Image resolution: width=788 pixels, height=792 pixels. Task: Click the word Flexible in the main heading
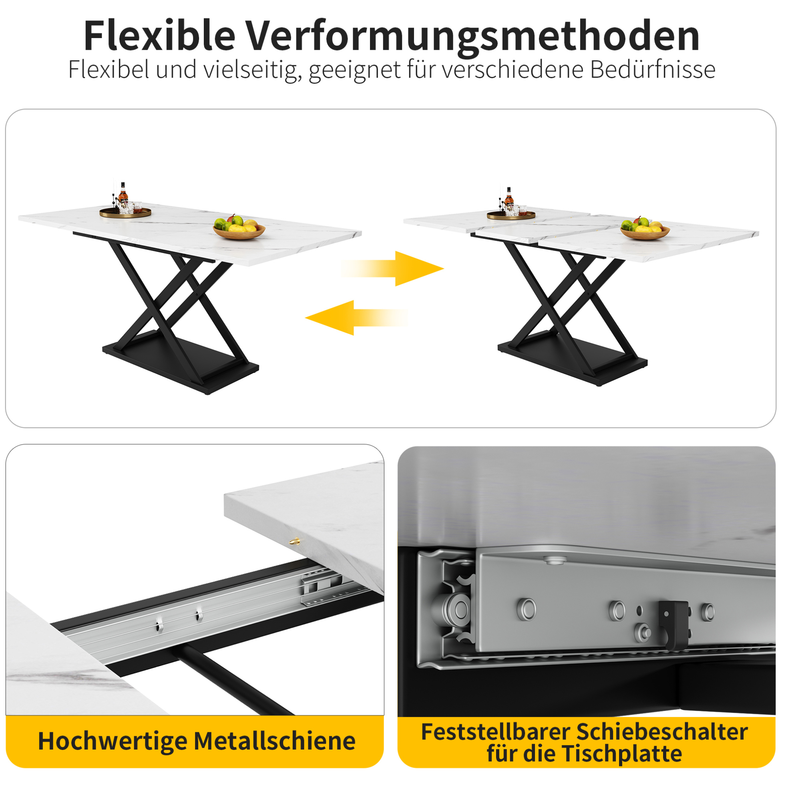[x=160, y=36]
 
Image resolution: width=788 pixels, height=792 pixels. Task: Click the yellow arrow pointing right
[x=392, y=268]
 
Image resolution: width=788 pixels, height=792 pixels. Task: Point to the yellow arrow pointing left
[x=356, y=318]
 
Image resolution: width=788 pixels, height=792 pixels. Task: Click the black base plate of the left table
[x=180, y=363]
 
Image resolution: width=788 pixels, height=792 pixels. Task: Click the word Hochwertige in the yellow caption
[x=112, y=742]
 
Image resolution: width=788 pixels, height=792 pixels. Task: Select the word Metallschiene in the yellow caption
[x=275, y=741]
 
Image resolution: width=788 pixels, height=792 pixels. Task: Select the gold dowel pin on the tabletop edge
[x=295, y=541]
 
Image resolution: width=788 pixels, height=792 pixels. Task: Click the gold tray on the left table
[x=125, y=212]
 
